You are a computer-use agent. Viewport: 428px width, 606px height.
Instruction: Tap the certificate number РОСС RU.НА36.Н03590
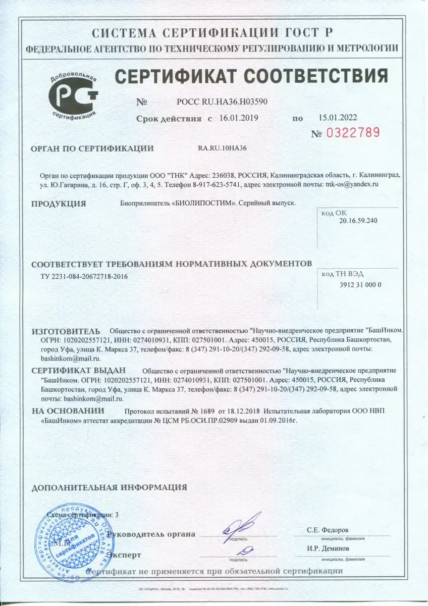(x=219, y=102)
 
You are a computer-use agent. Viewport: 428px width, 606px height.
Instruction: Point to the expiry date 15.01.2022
(x=337, y=118)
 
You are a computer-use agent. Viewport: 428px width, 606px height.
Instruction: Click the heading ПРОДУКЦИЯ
(x=59, y=204)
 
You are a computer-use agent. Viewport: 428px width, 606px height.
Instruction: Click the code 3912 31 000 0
(x=357, y=284)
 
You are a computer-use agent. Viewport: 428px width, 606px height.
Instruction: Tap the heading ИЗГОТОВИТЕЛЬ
(x=66, y=331)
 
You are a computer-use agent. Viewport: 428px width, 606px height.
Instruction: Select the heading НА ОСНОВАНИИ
(x=68, y=411)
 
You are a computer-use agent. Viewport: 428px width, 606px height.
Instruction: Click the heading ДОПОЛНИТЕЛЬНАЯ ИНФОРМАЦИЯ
(x=109, y=487)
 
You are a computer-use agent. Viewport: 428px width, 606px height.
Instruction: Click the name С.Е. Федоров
(x=328, y=530)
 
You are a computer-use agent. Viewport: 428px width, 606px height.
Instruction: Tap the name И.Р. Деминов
(x=328, y=548)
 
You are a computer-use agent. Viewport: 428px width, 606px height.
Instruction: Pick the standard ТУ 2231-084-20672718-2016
(x=84, y=277)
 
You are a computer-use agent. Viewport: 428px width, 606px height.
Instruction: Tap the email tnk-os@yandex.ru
(x=352, y=184)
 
